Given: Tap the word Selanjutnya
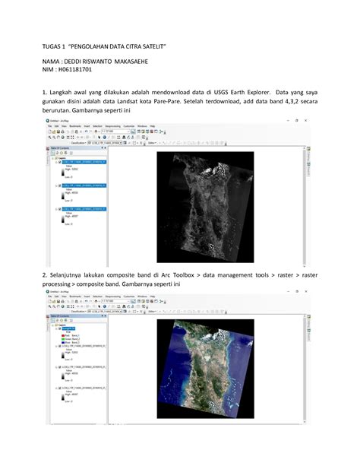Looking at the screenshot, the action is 71,273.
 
